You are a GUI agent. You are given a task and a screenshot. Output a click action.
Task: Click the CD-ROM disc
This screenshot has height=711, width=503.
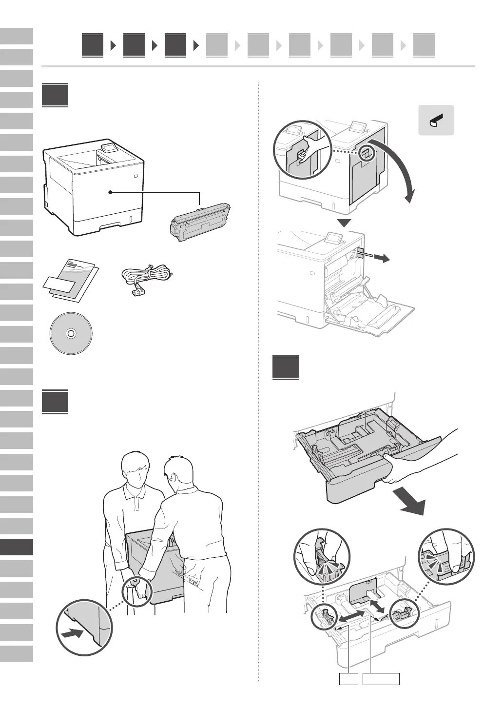[71, 333]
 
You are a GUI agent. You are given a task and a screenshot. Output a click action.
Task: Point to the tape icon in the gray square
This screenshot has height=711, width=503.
[436, 120]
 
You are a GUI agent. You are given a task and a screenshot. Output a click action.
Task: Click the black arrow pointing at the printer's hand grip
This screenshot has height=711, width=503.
[72, 633]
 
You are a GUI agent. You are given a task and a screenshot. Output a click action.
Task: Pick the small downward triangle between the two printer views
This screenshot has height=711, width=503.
[345, 223]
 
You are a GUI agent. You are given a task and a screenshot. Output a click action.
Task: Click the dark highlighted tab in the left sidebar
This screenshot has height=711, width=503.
[17, 547]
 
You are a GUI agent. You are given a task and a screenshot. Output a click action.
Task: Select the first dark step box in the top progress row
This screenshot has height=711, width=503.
[93, 45]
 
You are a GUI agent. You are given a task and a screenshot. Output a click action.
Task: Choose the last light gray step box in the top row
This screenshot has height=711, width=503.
[424, 45]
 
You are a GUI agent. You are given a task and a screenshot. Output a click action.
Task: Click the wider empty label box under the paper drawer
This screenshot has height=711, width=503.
[383, 679]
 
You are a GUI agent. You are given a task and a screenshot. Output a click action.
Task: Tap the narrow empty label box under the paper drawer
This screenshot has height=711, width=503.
[348, 679]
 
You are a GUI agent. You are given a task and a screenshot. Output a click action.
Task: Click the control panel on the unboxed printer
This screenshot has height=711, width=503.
[109, 147]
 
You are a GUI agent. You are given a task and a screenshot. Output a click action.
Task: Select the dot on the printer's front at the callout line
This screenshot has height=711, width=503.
[111, 192]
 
